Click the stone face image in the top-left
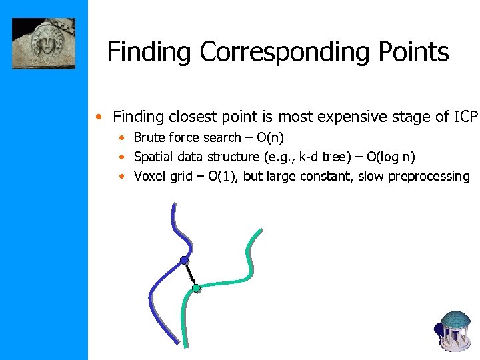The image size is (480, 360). point(44,43)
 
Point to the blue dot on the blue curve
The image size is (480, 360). point(184,260)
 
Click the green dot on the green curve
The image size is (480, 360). point(196,288)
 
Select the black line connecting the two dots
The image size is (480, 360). point(190,274)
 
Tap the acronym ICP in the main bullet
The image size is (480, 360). point(465,117)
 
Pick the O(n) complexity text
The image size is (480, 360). point(270,138)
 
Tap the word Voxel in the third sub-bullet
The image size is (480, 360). point(149,177)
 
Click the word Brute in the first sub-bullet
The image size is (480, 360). point(150,138)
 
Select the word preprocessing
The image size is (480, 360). point(429,177)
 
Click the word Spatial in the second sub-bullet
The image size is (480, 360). point(154,157)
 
